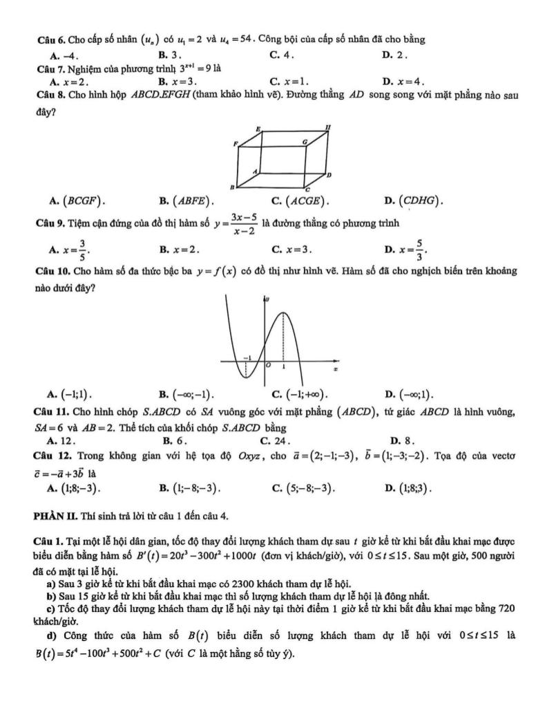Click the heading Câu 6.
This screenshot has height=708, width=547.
tap(50, 39)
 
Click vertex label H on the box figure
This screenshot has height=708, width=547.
tap(327, 127)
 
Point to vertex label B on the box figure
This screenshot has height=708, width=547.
tap(232, 187)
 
